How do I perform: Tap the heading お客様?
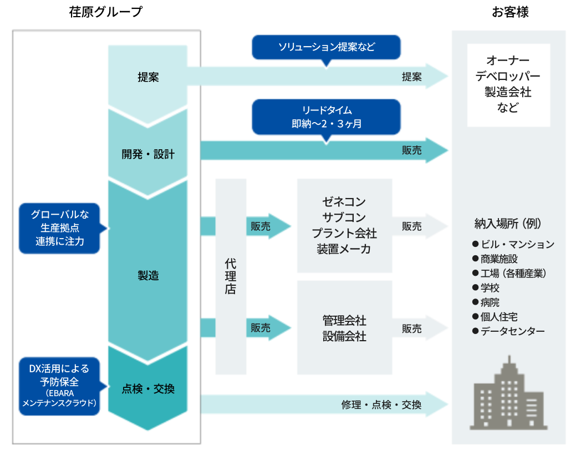click(x=509, y=12)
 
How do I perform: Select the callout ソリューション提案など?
click(x=326, y=47)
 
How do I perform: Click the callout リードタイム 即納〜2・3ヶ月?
click(x=326, y=117)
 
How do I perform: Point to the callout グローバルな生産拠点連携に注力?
click(x=60, y=228)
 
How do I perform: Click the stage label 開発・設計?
click(x=147, y=154)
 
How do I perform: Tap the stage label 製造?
click(x=147, y=275)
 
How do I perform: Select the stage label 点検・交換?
click(x=147, y=389)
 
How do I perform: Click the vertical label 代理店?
click(x=231, y=276)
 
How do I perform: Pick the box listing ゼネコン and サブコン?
click(x=344, y=225)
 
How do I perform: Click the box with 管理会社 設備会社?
click(x=344, y=328)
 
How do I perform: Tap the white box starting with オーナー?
click(x=508, y=84)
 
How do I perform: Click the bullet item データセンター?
click(x=513, y=331)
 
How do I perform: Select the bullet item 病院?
click(x=490, y=302)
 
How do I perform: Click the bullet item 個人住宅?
click(x=499, y=317)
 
